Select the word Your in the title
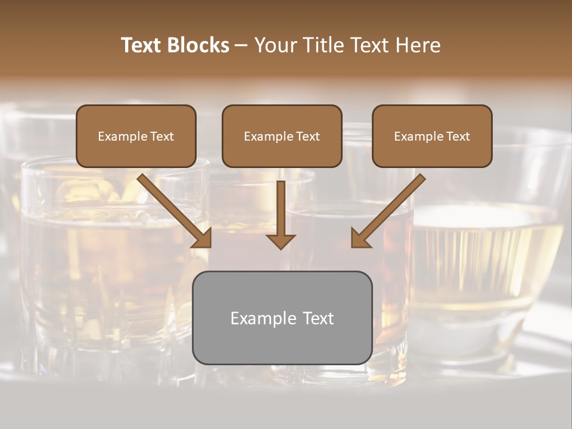click(274, 45)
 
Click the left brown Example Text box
click(136, 136)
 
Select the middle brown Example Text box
click(282, 136)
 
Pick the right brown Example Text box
click(432, 136)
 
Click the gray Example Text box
click(282, 318)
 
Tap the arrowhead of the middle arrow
click(281, 240)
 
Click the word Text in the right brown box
click(458, 136)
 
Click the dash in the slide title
click(241, 45)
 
